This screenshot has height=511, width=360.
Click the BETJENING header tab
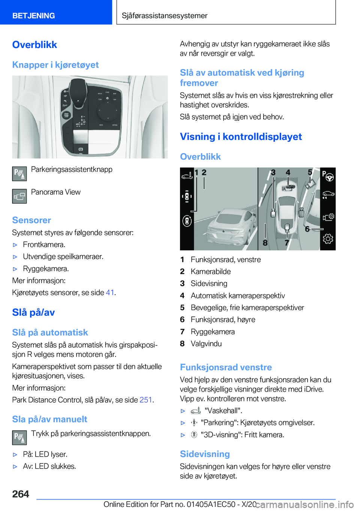click(34, 16)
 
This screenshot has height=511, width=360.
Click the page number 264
click(21, 494)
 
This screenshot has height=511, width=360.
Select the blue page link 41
click(110, 293)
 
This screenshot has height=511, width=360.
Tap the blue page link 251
click(145, 400)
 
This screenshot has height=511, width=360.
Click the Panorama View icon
click(19, 196)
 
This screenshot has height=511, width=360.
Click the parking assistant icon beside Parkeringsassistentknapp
click(19, 174)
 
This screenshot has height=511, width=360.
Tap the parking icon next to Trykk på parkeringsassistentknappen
click(19, 437)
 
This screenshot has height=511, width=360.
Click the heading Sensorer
click(31, 220)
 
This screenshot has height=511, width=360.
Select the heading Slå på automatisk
click(50, 332)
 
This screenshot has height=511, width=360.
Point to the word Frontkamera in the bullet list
click(43, 245)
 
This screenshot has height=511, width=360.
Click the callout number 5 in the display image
click(310, 173)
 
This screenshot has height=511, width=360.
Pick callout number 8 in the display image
click(265, 243)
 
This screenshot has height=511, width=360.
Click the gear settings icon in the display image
click(328, 239)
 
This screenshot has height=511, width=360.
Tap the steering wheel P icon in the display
click(328, 176)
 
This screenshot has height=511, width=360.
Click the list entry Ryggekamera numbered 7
click(213, 332)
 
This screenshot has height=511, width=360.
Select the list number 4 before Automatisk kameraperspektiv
click(182, 296)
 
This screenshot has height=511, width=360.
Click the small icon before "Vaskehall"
click(196, 411)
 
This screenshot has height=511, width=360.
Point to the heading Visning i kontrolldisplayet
click(241, 137)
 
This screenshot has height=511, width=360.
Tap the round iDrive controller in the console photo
click(107, 111)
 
